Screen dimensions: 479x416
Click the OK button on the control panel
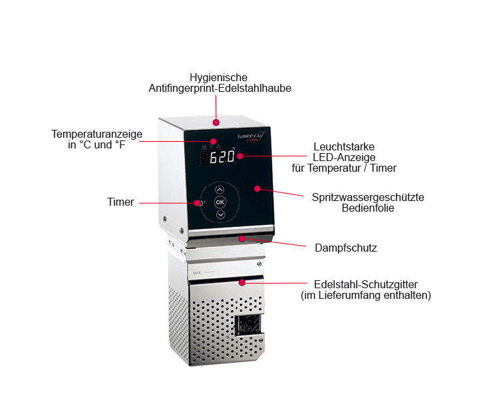click(220, 202)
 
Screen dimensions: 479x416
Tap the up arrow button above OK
click(220, 190)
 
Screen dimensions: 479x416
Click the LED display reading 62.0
click(218, 157)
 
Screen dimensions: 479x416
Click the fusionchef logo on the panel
click(251, 136)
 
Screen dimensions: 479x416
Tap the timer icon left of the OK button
click(202, 203)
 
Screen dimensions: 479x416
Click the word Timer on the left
click(120, 202)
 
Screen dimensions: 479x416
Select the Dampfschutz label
click(346, 248)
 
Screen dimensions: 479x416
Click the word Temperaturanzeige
click(97, 134)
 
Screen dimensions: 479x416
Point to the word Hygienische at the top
click(218, 77)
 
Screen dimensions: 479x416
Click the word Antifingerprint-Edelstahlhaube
click(220, 88)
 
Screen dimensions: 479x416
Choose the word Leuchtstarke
click(344, 146)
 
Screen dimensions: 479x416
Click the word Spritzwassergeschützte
click(368, 197)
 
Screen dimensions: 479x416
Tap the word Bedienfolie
click(368, 208)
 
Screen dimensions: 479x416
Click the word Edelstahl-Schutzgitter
click(366, 284)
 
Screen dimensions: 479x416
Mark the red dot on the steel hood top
click(216, 122)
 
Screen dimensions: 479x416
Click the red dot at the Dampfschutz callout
click(242, 239)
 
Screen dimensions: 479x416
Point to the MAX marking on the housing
click(197, 273)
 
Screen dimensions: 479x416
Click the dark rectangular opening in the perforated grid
click(248, 325)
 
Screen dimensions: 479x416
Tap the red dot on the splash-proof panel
click(257, 188)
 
